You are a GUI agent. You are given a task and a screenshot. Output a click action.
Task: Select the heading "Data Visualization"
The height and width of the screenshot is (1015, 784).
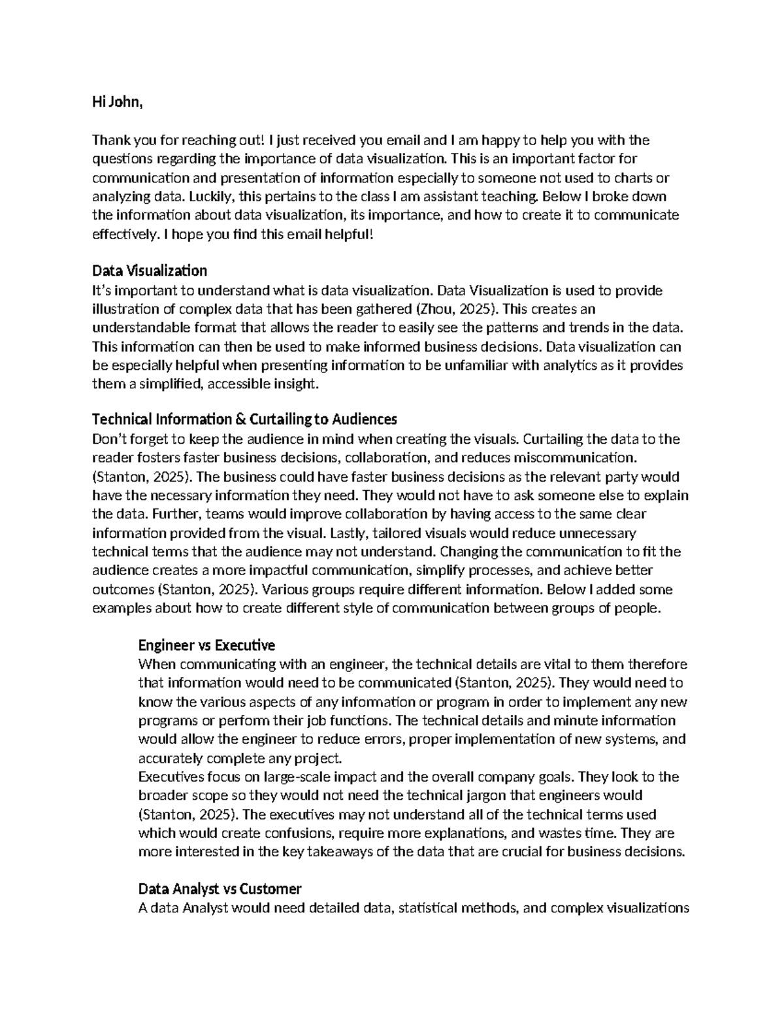click(150, 271)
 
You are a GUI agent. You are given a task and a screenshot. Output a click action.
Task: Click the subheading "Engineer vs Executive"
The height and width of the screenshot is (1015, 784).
click(206, 646)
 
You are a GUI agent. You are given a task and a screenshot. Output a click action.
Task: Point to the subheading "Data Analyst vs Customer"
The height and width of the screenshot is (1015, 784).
click(220, 889)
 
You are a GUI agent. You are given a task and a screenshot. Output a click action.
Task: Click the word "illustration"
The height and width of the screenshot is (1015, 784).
click(125, 309)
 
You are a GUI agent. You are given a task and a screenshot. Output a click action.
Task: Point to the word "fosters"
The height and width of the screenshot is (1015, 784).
click(160, 457)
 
